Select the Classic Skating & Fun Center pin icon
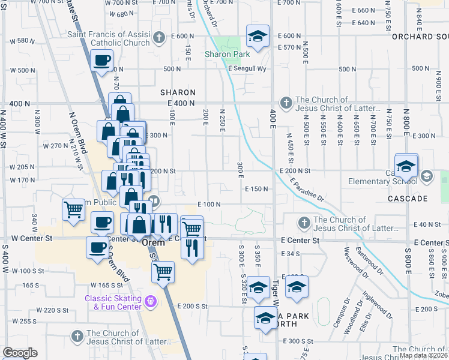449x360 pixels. (x=150, y=299)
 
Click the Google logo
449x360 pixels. (x=20, y=353)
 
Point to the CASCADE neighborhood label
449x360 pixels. (x=407, y=198)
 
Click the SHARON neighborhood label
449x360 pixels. (x=178, y=92)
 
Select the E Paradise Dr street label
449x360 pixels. (x=306, y=189)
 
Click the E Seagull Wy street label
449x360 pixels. (x=246, y=68)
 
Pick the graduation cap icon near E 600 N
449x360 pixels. (x=258, y=37)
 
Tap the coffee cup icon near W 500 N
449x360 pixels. (x=102, y=60)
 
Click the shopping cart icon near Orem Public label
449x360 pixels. (x=74, y=210)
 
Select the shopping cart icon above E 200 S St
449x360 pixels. (x=163, y=272)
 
